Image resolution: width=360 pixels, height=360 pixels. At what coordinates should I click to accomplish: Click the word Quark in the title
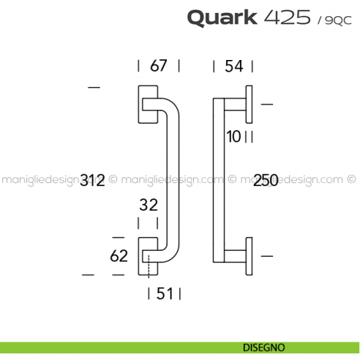[x=221, y=17]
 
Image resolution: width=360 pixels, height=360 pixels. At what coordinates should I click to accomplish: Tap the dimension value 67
[x=159, y=66]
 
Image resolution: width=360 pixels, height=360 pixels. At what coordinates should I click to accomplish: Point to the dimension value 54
[x=233, y=66]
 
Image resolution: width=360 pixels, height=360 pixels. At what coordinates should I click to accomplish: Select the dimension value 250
[x=265, y=180]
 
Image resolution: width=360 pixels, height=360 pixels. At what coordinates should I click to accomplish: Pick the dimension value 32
[x=149, y=206]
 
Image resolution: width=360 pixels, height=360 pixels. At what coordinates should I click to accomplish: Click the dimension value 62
[x=119, y=256]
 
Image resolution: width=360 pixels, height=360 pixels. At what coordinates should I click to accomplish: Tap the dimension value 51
[x=165, y=294]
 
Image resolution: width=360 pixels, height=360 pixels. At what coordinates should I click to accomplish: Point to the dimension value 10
[x=233, y=136]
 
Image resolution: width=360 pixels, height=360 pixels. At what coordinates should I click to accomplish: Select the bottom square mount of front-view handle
[x=146, y=256]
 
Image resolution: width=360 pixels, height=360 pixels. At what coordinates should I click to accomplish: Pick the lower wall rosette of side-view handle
[x=250, y=256]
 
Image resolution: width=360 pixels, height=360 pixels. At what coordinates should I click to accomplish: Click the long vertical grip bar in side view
[x=216, y=180]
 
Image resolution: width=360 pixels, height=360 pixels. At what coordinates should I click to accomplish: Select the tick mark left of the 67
[x=139, y=66]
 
